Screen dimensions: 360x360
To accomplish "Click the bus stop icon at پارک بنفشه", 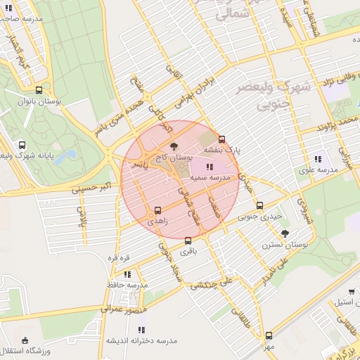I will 222,139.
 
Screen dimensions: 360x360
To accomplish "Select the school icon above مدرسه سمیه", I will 208,167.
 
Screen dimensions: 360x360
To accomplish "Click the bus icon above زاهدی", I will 157,210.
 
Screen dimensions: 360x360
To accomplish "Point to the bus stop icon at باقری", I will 187,240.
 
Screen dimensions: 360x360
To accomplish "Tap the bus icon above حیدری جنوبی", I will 259,205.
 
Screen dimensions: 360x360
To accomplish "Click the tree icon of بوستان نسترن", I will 284,233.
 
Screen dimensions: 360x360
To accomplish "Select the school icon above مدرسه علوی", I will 318,158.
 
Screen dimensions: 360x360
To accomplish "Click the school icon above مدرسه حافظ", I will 127,274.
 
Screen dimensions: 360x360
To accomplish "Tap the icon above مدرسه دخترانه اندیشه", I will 141,329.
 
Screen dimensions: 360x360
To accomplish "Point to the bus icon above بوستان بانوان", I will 39,90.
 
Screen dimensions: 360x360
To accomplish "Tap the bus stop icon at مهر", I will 269,335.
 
